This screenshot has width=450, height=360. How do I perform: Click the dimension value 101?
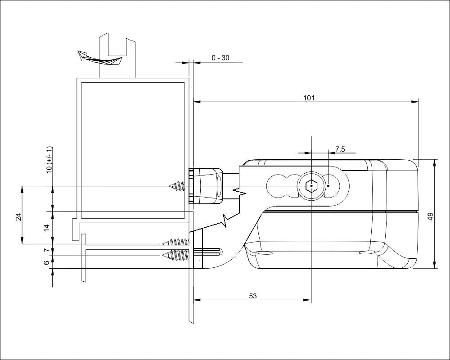309,98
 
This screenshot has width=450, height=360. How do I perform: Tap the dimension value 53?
253,296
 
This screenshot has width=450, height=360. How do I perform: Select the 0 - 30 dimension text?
220,58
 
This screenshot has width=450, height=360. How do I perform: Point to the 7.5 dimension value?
340,149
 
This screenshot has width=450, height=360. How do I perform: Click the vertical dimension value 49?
430,216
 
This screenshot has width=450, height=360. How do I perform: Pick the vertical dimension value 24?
18,216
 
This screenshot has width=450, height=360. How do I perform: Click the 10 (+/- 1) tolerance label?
49,160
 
